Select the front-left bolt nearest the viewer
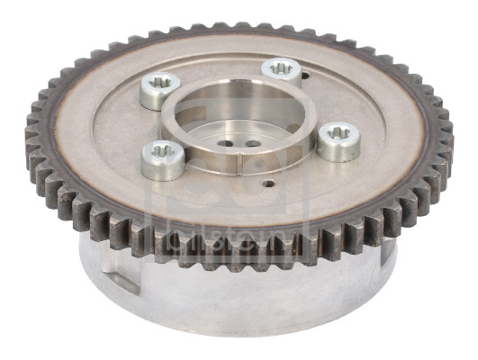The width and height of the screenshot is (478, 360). [x=164, y=160]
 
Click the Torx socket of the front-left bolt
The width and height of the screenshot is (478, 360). [x=164, y=152]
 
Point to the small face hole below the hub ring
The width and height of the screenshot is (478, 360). [x=268, y=184]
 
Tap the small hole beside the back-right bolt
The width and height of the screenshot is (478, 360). [x=306, y=78]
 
